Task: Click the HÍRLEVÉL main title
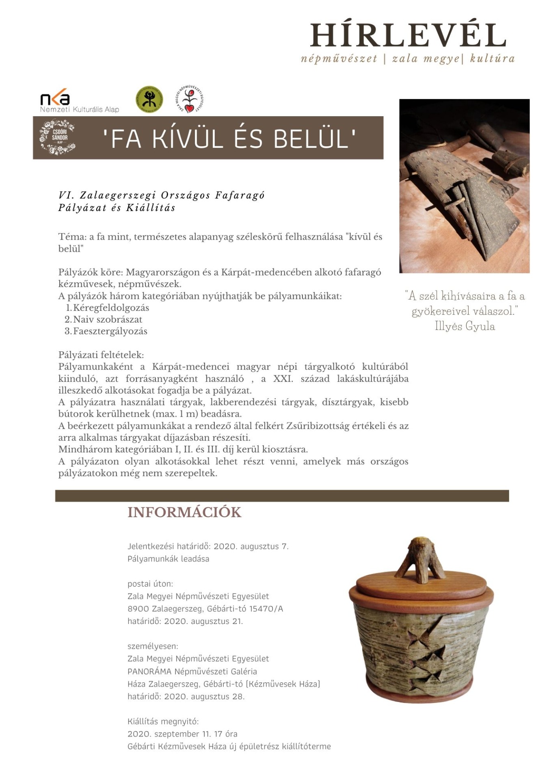point(408,35)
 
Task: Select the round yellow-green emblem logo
point(149,99)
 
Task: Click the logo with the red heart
point(189,99)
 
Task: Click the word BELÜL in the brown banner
point(311,138)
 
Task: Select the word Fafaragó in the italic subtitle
point(240,195)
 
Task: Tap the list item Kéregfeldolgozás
point(111,308)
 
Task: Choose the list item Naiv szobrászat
point(108,319)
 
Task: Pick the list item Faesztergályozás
point(110,331)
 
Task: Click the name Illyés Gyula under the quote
point(465,326)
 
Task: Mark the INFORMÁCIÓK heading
point(184,512)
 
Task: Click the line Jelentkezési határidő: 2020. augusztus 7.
point(208,546)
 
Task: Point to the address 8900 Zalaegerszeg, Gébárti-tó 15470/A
point(205,609)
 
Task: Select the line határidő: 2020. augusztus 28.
point(186,696)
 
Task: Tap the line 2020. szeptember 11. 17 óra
point(182,734)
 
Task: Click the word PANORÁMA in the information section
point(149,672)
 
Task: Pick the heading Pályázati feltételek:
point(101,355)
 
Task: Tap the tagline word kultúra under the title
point(492,59)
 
